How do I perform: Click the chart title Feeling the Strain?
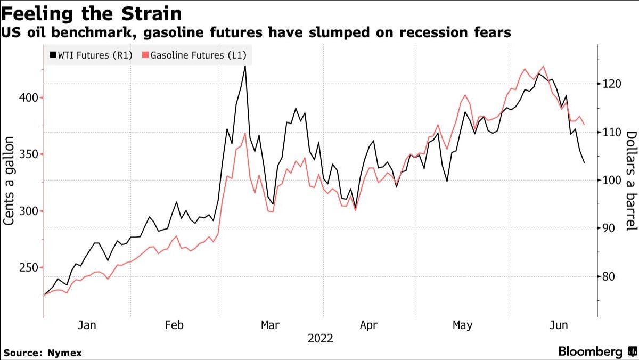(x=92, y=13)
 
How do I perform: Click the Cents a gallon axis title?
(x=10, y=181)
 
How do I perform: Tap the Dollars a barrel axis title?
(x=630, y=181)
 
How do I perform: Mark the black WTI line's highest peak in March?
(x=245, y=66)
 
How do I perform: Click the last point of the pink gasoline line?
(x=584, y=125)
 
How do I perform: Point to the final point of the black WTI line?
(x=584, y=163)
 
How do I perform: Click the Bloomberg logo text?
(x=590, y=351)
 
